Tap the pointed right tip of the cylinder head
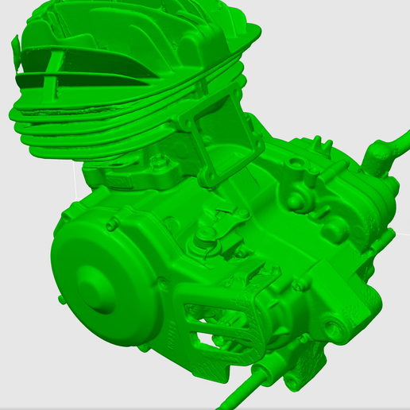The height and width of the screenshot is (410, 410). tap(257, 31)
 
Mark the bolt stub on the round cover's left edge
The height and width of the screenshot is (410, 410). tap(60, 297)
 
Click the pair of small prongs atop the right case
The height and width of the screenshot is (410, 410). tap(322, 144)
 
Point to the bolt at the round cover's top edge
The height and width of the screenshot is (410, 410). tap(110, 225)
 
